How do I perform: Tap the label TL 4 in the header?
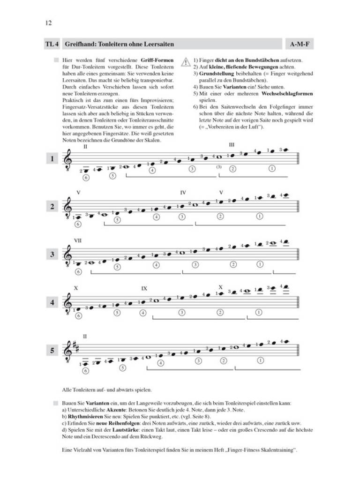52,45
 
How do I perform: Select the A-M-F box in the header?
299,45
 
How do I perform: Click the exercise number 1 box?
52,159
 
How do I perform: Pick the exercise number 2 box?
52,207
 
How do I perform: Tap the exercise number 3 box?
52,255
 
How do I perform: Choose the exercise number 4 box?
52,303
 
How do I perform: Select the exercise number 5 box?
52,351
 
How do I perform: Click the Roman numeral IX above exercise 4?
144,289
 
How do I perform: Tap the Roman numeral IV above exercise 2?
183,192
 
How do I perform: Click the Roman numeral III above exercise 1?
232,145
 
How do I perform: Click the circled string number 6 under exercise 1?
85,178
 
